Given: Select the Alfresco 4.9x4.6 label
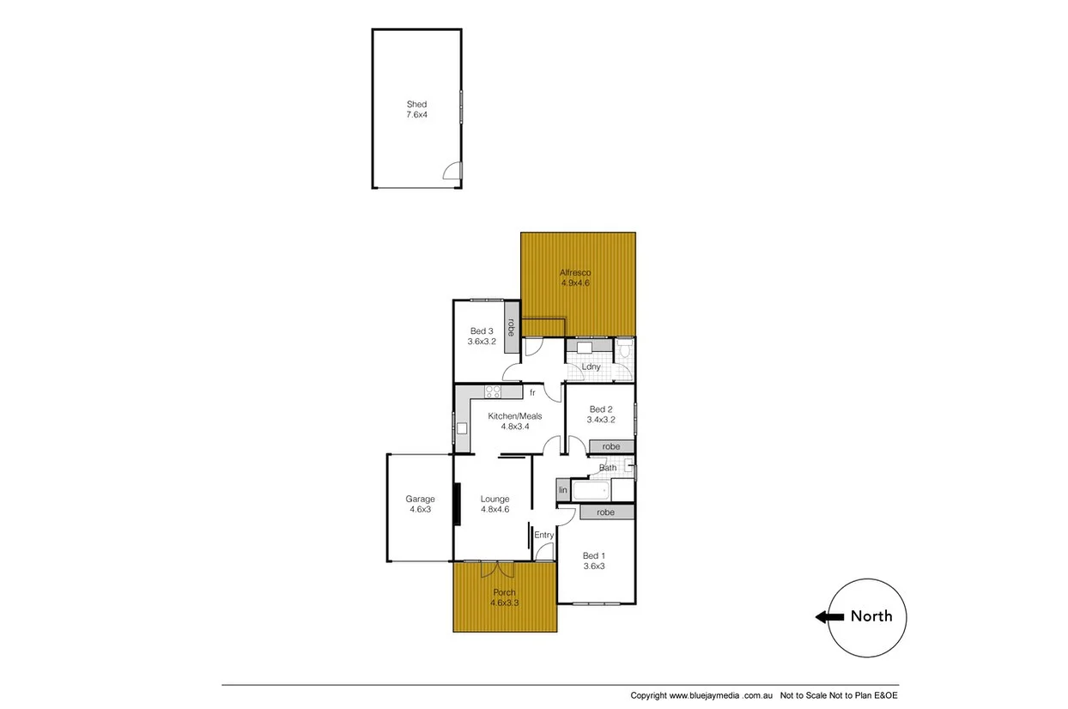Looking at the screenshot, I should click(x=575, y=277).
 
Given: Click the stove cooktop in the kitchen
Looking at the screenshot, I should click(x=493, y=392).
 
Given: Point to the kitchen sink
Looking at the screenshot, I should click(x=461, y=428).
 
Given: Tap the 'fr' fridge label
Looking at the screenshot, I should click(x=532, y=393).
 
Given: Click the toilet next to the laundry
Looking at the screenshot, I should click(x=625, y=349).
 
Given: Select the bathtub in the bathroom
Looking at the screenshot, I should click(x=591, y=491).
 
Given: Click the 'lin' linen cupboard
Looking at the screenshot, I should click(x=563, y=490).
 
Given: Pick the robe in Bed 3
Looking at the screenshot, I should click(x=511, y=327).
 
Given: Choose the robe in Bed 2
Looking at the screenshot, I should click(x=611, y=447).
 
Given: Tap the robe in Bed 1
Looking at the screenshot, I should click(x=606, y=512).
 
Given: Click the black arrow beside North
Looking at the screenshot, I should click(x=828, y=616).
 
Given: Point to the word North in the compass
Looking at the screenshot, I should click(x=871, y=616).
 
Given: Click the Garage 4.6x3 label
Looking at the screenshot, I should click(x=420, y=504).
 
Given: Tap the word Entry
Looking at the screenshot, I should click(x=544, y=536).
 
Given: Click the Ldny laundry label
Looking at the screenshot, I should click(x=591, y=367).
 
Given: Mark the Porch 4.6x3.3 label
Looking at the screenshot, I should click(x=504, y=597).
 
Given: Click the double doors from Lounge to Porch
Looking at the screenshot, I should click(x=496, y=567).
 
